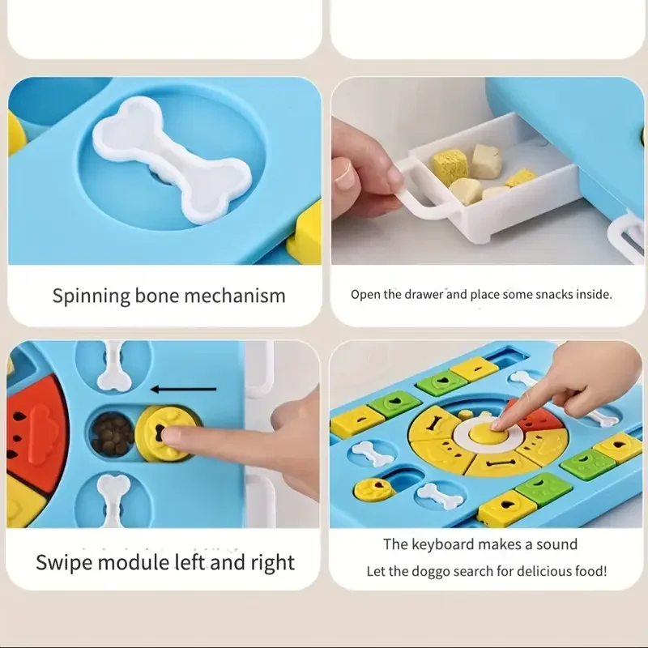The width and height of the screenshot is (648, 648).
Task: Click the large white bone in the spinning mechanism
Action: [x=172, y=160]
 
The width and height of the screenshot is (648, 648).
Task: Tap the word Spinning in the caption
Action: [x=92, y=296]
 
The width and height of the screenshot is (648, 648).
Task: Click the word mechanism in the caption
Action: [x=234, y=296]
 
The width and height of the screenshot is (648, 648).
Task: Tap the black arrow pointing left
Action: [x=183, y=389]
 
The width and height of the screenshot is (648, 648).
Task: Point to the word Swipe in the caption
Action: [x=64, y=563]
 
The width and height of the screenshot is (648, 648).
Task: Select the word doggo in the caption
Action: [x=429, y=572]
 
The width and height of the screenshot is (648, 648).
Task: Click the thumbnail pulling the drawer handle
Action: [x=343, y=178]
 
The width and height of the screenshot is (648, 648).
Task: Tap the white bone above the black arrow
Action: [x=113, y=367]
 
